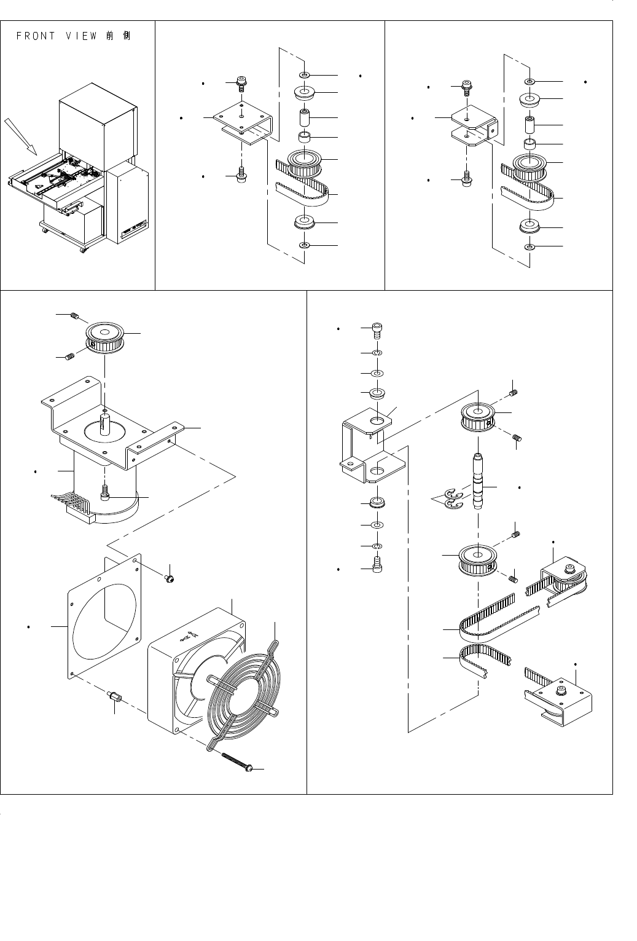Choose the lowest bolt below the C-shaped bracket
point(378,563)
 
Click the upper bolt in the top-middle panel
point(241,84)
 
